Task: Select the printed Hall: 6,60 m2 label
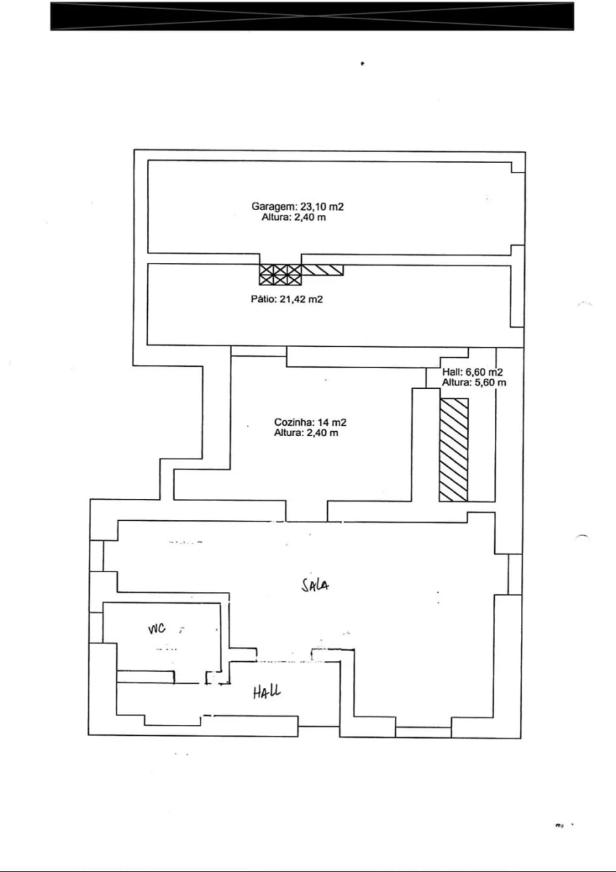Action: [472, 372]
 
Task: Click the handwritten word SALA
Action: [317, 585]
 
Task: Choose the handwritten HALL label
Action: [266, 693]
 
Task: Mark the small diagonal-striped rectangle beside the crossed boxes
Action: [322, 270]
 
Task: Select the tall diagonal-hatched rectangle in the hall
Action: [454, 449]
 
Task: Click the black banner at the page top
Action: [311, 16]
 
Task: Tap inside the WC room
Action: [164, 647]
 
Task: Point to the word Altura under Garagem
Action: [274, 218]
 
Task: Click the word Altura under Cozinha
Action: [287, 433]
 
